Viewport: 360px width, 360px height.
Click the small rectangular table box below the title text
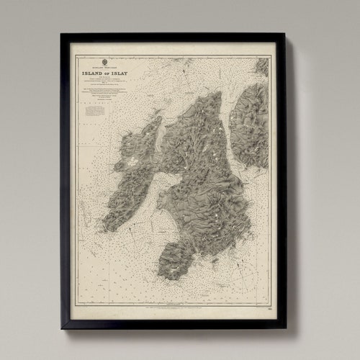click(x=94, y=111)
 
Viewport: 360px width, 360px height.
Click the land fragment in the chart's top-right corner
click(x=261, y=66)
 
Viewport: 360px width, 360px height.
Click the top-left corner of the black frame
click(x=62, y=34)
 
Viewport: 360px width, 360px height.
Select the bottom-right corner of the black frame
click(x=285, y=328)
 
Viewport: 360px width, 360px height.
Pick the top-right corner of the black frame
click(x=285, y=34)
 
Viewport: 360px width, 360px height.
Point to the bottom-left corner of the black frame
click(x=62, y=328)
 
